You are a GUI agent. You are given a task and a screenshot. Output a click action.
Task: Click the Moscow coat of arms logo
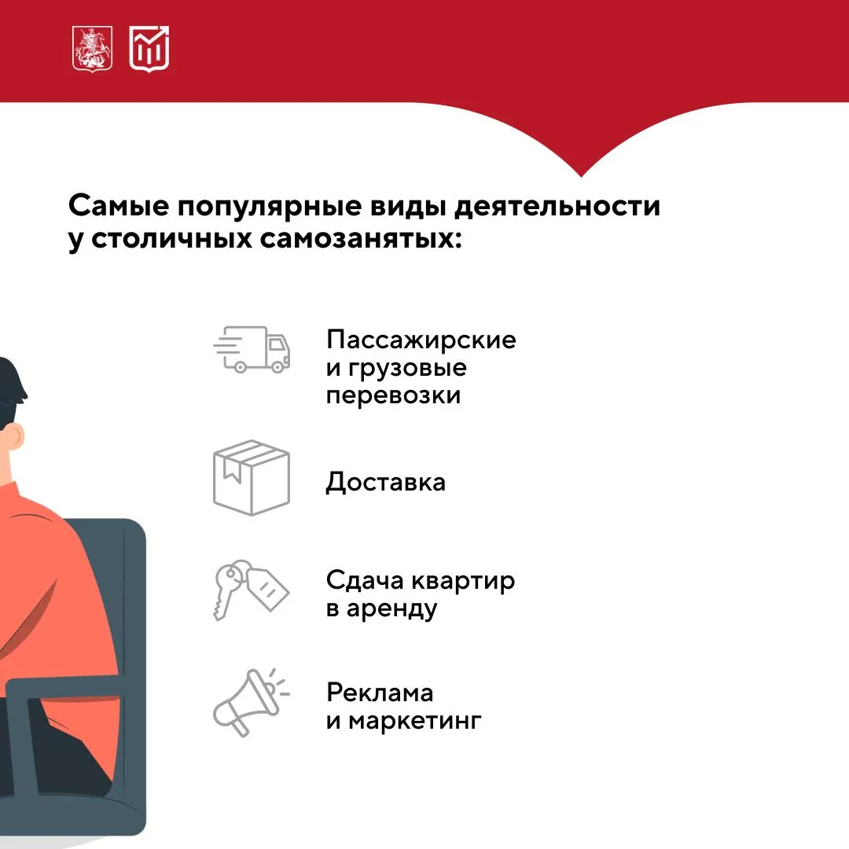coord(93,49)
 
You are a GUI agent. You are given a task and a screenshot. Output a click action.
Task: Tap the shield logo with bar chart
coord(149,49)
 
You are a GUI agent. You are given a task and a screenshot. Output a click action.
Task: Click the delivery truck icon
coord(252,349)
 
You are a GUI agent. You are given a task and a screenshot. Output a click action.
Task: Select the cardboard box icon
coord(252,478)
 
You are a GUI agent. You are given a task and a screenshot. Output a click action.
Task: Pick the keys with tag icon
coord(252,590)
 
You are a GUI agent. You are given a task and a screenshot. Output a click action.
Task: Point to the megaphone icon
coord(251,702)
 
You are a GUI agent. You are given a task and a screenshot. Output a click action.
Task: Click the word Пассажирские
coord(421,340)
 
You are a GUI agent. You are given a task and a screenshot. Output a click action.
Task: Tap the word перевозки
coord(394,395)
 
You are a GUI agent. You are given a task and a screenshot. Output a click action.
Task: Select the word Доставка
coord(385,482)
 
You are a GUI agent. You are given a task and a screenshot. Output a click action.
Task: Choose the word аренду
coord(391,610)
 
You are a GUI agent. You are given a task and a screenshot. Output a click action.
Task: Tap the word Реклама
coord(380,693)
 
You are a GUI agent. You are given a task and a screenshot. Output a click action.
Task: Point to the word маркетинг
coord(415,721)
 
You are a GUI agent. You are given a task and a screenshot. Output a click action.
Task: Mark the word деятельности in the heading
coord(557,207)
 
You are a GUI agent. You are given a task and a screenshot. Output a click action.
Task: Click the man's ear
coord(17,436)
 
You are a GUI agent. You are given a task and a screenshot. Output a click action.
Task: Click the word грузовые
coord(407,369)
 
